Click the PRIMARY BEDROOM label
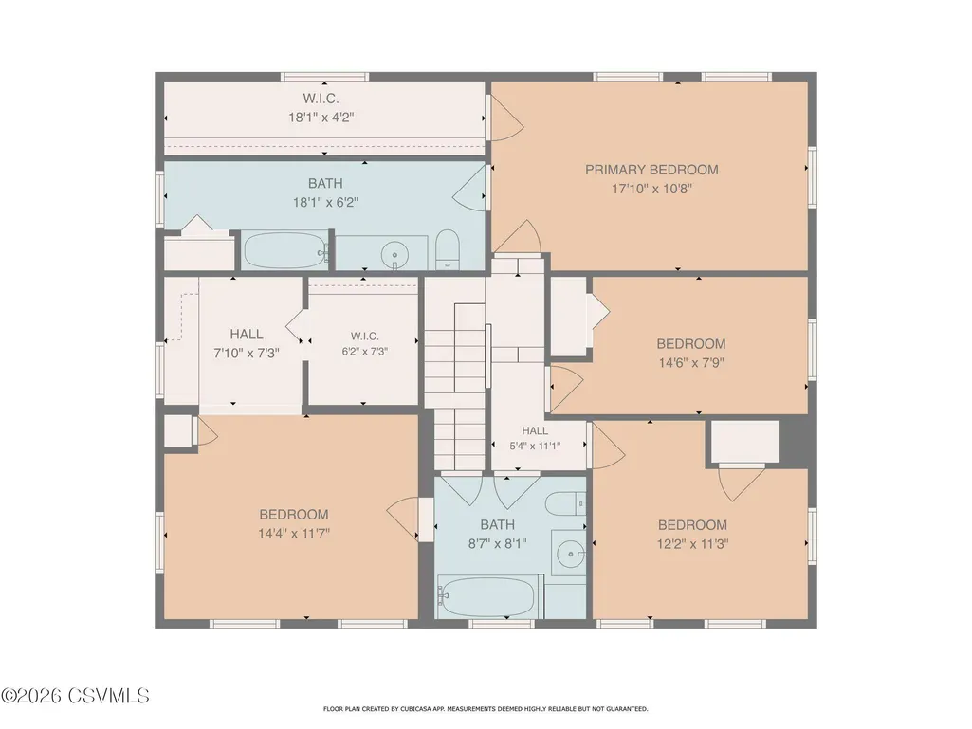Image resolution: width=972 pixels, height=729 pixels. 651,170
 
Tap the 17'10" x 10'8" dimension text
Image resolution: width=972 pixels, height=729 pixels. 651,189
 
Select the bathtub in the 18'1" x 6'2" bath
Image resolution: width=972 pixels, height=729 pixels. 285,250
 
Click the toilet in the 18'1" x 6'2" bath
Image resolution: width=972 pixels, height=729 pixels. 447,249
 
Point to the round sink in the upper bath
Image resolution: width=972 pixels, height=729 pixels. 394,254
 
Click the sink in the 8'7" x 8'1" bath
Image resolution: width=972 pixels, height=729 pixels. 568,553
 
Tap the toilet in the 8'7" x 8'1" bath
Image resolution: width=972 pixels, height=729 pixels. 568,503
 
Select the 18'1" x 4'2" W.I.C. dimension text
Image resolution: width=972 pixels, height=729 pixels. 321,118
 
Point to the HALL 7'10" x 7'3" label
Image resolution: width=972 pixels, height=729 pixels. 247,343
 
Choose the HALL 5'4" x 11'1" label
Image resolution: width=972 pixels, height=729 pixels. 535,438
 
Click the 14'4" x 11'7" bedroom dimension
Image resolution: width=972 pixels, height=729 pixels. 294,533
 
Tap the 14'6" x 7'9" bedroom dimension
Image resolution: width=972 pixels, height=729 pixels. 691,363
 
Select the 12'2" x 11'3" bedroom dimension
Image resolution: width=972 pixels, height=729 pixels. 692,544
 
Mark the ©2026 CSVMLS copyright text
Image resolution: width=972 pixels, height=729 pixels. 75,696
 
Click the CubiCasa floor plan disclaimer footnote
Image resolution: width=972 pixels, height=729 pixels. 486,708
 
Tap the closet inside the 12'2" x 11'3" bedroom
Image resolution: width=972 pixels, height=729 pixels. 744,442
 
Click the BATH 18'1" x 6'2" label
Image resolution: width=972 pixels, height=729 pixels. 325,192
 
